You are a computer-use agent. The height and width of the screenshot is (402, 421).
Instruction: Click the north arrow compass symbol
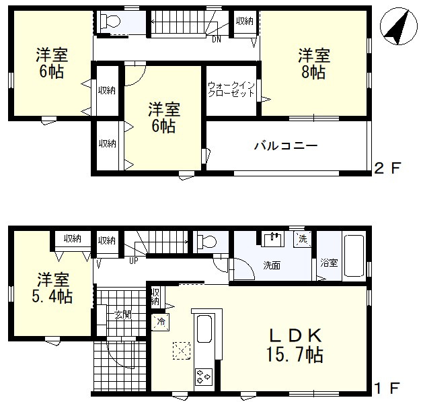pyautogui.click(x=398, y=26)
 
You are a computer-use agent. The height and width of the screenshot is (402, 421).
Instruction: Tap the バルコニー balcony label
pyautogui.click(x=286, y=145)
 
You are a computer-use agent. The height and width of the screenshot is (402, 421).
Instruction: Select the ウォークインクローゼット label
pyautogui.click(x=231, y=90)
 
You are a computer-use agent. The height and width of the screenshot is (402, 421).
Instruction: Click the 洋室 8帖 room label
pyautogui.click(x=313, y=63)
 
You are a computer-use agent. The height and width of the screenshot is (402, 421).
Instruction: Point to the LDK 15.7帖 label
pyautogui.click(x=295, y=345)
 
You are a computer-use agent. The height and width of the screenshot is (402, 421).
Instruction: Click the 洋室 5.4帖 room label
pyautogui.click(x=52, y=288)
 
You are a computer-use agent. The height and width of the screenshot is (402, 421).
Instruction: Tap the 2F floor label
pyautogui.click(x=387, y=168)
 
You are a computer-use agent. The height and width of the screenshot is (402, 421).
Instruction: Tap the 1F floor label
pyautogui.click(x=387, y=388)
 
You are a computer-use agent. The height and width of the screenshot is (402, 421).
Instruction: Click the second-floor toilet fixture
pyautogui.click(x=110, y=21)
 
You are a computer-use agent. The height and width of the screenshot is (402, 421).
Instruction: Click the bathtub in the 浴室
pyautogui.click(x=354, y=256)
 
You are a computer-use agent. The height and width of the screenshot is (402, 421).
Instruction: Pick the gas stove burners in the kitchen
pyautogui.click(x=204, y=376)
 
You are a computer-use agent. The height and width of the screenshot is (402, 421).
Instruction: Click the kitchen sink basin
pyautogui.click(x=204, y=329)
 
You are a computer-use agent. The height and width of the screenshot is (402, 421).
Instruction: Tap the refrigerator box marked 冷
pyautogui.click(x=161, y=322)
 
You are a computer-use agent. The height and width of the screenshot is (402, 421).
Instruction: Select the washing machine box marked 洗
pyautogui.click(x=303, y=239)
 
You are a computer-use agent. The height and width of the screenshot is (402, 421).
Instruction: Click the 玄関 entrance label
pyautogui.click(x=123, y=314)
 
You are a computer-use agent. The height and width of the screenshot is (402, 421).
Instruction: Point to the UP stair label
pyautogui.click(x=133, y=261)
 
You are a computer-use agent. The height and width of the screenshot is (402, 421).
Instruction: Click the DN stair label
pyautogui.click(x=217, y=40)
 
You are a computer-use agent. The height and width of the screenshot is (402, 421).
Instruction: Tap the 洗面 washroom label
pyautogui.click(x=272, y=265)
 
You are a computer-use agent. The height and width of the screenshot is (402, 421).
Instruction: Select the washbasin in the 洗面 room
pyautogui.click(x=272, y=240)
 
